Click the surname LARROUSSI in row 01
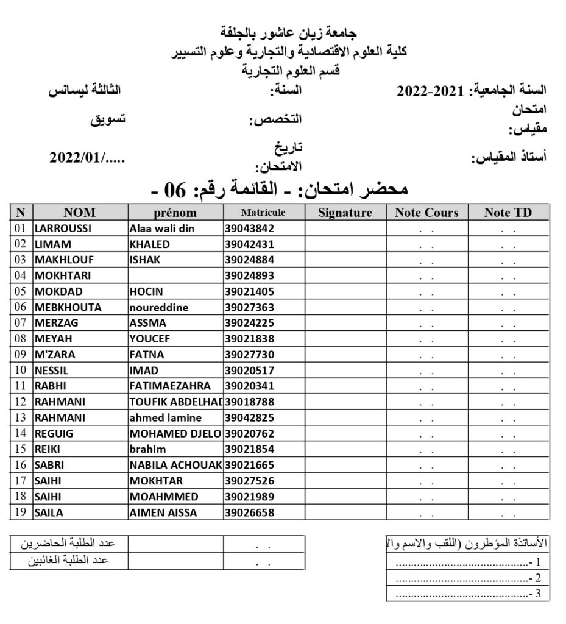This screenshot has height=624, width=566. tap(63, 229)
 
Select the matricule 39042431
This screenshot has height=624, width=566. tap(249, 244)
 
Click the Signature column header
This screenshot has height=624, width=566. tap(345, 213)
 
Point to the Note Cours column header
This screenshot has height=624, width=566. tap(426, 213)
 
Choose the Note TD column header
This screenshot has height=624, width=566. tap(508, 213)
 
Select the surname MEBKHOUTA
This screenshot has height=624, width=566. tap(68, 308)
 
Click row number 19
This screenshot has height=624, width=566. tap(21, 512)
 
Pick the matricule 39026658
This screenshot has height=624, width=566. tap(249, 512)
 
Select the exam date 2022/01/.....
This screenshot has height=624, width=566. tap(87, 158)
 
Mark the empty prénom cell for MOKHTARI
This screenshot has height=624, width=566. tap(175, 275)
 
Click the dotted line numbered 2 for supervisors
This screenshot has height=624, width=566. tap(463, 578)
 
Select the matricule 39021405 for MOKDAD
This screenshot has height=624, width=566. tap(249, 291)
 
